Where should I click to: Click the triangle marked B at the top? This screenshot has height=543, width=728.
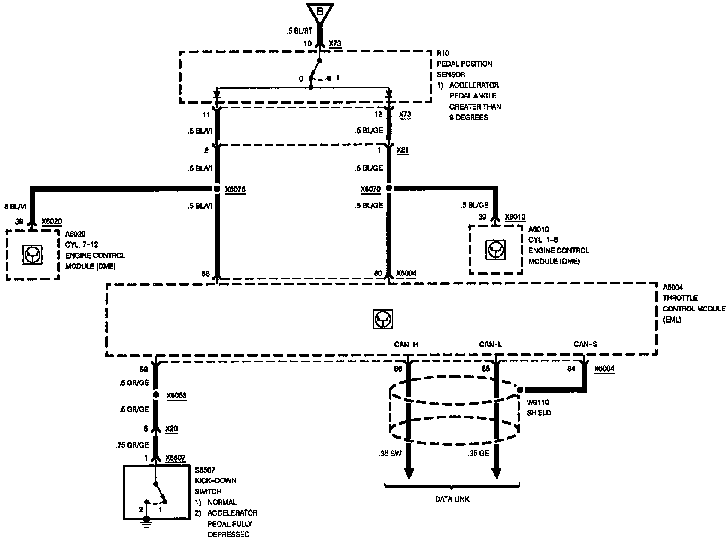pyautogui.click(x=319, y=13)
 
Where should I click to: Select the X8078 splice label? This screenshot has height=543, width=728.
pyautogui.click(x=235, y=189)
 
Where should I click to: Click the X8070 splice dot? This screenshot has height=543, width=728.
pyautogui.click(x=389, y=188)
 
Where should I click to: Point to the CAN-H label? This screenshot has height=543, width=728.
pyautogui.click(x=406, y=344)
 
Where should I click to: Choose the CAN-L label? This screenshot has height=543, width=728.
pyautogui.click(x=490, y=344)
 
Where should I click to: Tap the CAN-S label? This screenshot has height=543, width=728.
pyautogui.click(x=585, y=344)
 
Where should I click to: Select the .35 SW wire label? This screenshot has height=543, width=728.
pyautogui.click(x=390, y=453)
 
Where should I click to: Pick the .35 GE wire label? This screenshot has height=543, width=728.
pyautogui.click(x=478, y=453)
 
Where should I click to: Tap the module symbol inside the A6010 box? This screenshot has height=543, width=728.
pyautogui.click(x=496, y=250)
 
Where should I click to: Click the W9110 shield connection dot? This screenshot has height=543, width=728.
pyautogui.click(x=520, y=390)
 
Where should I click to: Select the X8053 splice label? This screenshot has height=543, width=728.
pyautogui.click(x=176, y=395)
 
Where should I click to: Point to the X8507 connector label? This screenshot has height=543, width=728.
pyautogui.click(x=176, y=458)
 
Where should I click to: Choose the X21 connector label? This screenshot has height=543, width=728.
pyautogui.click(x=403, y=150)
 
